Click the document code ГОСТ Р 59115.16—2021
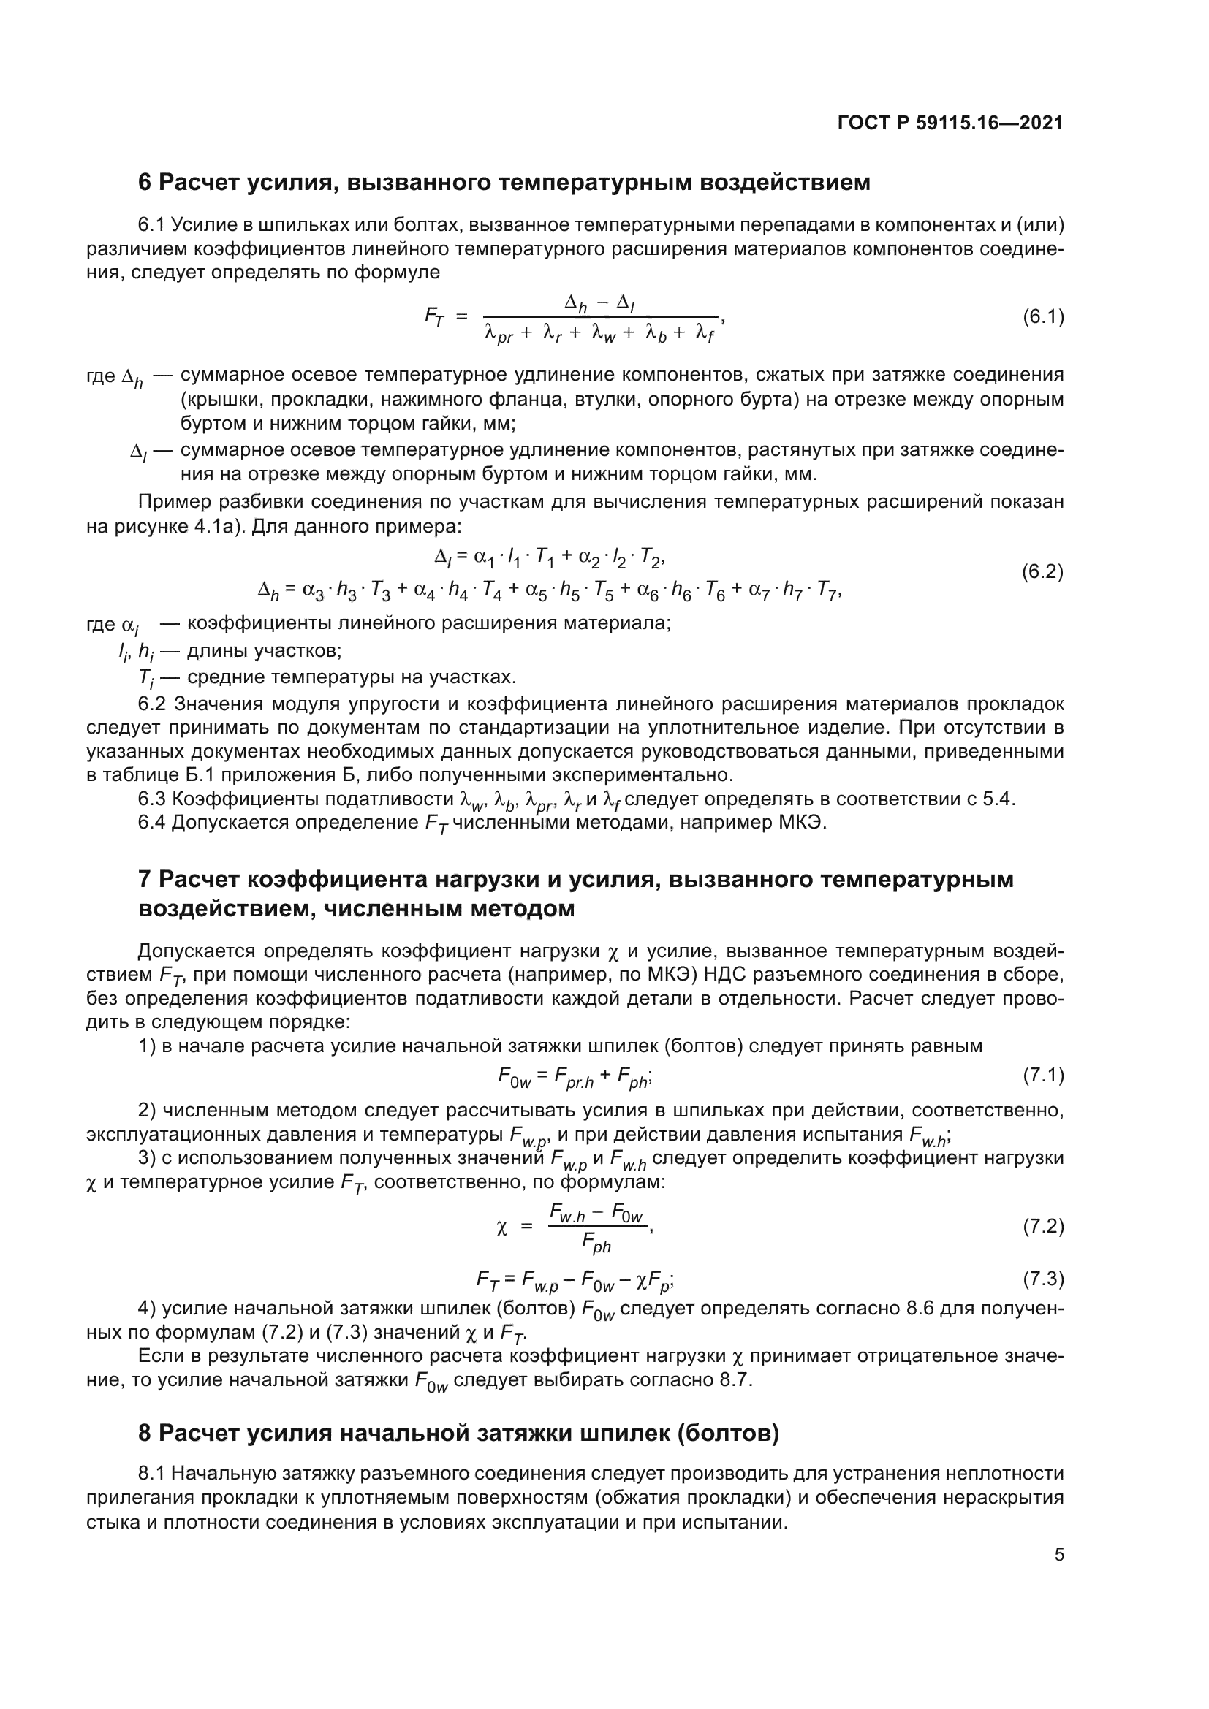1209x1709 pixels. (950, 123)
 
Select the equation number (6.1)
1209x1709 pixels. (1043, 317)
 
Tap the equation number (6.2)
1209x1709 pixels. (1042, 571)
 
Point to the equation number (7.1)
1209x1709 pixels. (1043, 1075)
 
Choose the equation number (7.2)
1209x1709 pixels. (1043, 1226)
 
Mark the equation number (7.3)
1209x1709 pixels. (1043, 1279)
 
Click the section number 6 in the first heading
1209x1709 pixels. (145, 183)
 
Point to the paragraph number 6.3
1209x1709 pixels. (153, 799)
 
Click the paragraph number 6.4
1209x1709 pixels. (153, 823)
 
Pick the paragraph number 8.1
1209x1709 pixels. (153, 1473)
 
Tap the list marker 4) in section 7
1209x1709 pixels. (148, 1308)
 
